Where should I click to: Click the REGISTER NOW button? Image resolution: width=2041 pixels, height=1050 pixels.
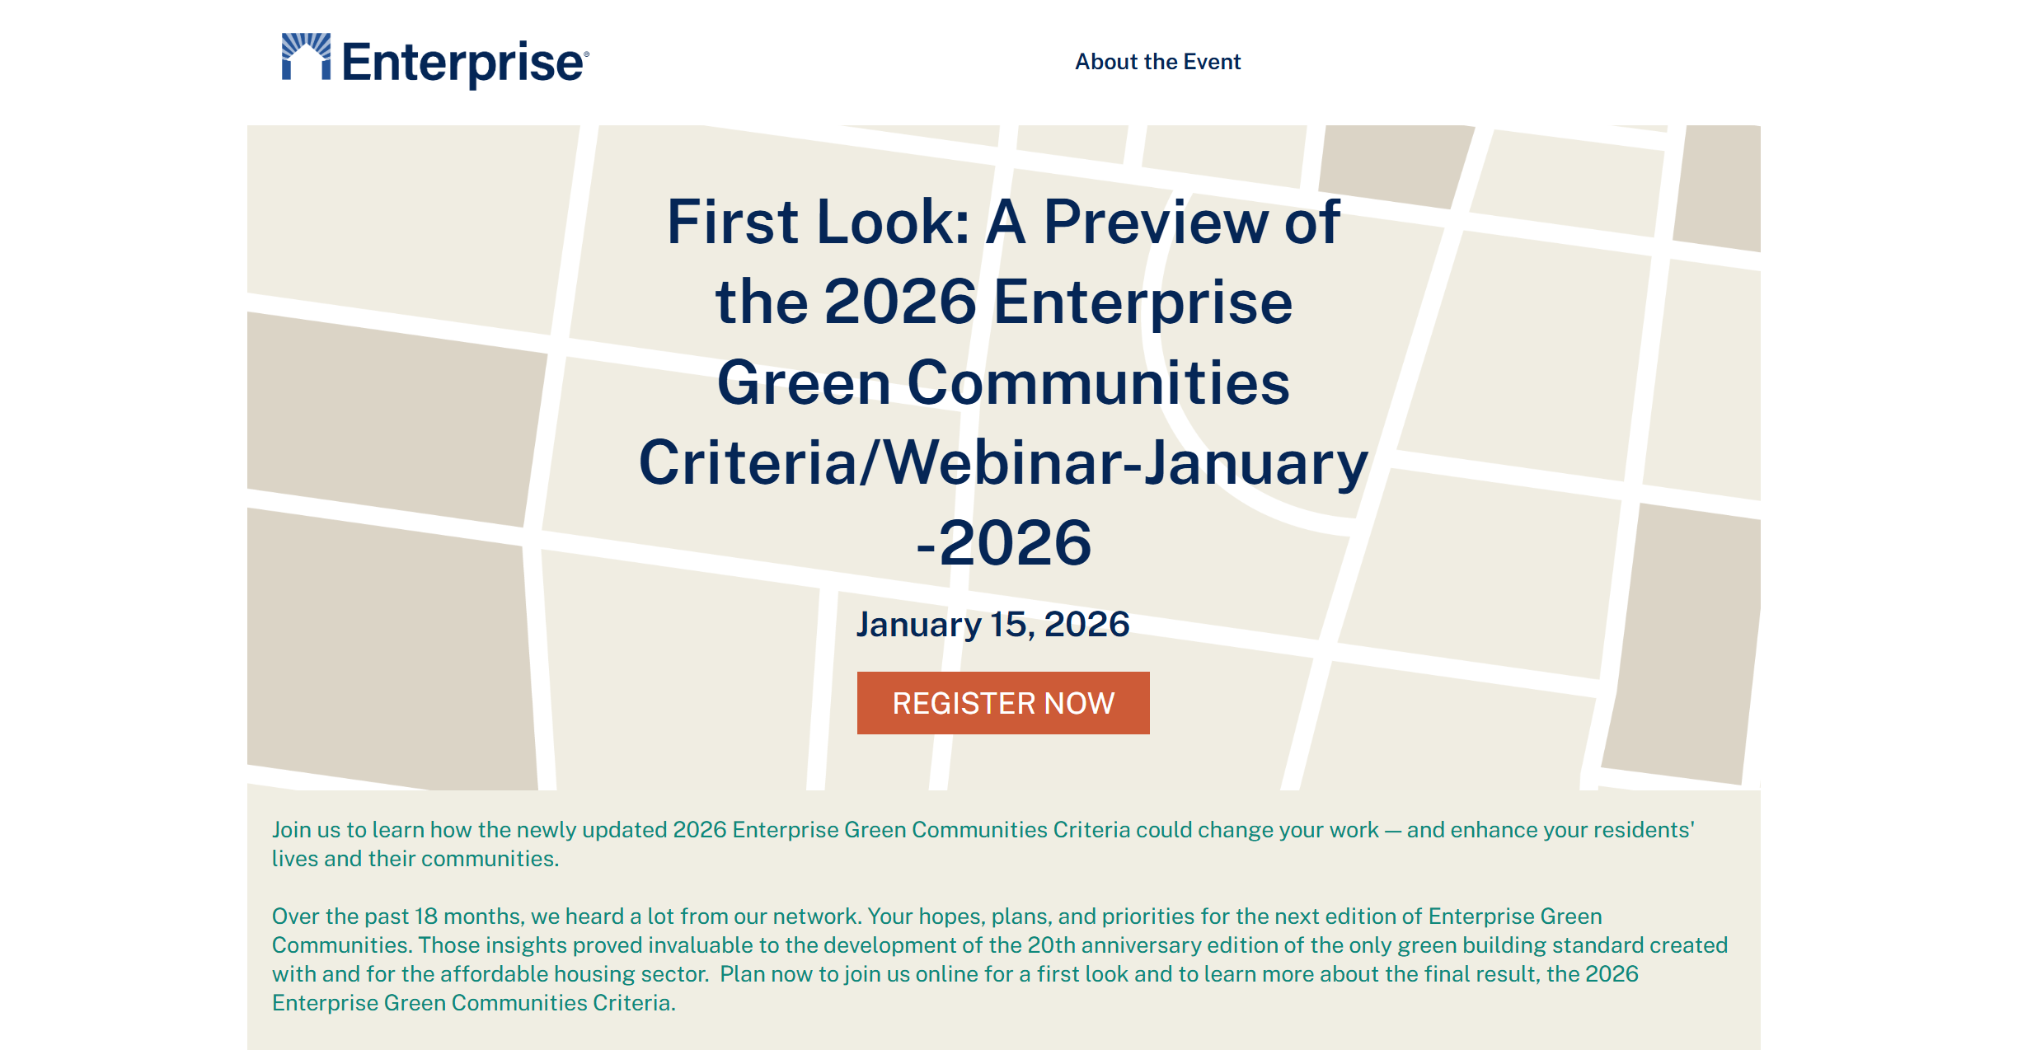[x=1003, y=703]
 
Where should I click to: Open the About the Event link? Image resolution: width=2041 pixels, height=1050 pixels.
[x=1157, y=62]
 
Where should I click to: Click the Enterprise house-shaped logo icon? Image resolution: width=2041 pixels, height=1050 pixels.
[x=306, y=57]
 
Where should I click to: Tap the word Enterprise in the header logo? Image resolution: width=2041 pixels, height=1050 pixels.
[x=462, y=63]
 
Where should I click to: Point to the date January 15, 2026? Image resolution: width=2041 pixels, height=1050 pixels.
[x=992, y=625]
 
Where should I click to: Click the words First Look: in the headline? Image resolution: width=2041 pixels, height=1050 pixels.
[x=819, y=222]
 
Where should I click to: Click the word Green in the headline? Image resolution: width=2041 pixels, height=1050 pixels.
[x=804, y=383]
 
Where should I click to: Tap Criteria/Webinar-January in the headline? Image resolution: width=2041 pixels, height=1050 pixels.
[x=1003, y=464]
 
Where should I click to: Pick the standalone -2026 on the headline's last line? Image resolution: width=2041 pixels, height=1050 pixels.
[x=1004, y=543]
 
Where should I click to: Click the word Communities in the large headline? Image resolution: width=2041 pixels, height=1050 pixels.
[x=1098, y=383]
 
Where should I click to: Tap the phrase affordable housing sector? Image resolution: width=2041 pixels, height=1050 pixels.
[x=574, y=974]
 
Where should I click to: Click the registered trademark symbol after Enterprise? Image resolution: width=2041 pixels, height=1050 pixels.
[x=586, y=54]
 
